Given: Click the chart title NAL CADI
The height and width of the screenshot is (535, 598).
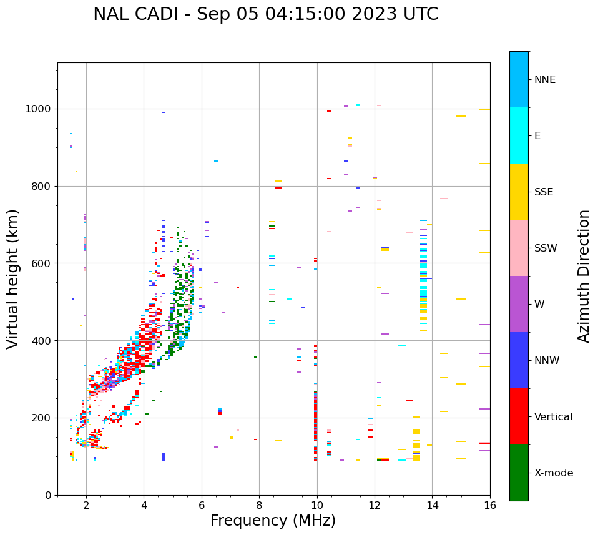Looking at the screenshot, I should click(265, 14).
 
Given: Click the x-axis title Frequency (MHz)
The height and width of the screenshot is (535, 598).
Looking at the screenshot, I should click(273, 521).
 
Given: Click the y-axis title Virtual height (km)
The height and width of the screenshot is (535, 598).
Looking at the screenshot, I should click(13, 279).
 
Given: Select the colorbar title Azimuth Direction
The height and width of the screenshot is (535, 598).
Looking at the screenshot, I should click(584, 276).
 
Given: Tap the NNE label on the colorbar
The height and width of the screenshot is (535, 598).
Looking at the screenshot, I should click(544, 80).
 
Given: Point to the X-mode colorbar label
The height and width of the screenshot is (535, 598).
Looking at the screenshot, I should click(553, 473).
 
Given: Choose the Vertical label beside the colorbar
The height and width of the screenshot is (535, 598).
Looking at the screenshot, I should click(554, 417).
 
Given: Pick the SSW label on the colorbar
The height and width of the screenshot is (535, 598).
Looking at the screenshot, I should click(546, 248).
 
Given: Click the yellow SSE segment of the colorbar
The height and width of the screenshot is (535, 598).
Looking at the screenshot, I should click(519, 192).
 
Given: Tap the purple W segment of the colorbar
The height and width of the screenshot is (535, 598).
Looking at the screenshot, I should click(519, 304).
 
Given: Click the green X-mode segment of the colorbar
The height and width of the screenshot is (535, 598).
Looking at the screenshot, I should click(519, 473).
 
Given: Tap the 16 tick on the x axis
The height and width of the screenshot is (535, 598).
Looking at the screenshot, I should click(490, 504).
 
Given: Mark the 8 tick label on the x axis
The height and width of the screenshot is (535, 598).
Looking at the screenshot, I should click(259, 504).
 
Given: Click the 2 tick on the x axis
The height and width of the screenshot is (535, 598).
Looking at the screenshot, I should click(86, 504).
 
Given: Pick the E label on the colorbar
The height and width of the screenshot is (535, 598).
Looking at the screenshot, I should click(537, 136).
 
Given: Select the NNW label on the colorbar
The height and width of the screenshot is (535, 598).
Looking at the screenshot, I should click(546, 361).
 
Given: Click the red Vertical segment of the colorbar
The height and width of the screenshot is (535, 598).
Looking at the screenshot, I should click(519, 416).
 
